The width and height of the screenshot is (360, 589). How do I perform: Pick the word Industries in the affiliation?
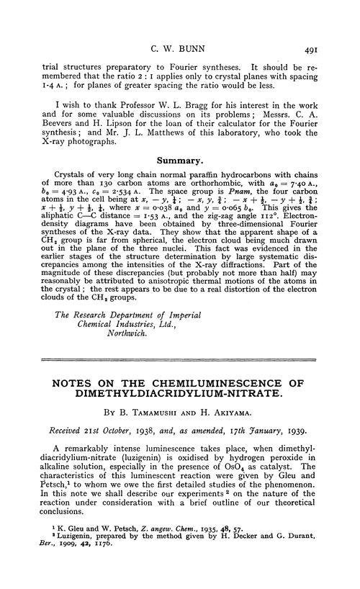click(x=115, y=323)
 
